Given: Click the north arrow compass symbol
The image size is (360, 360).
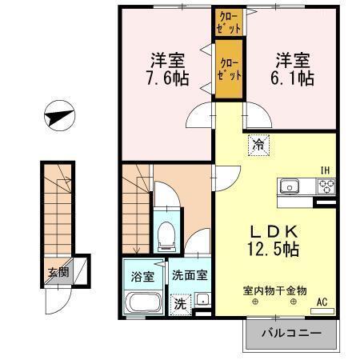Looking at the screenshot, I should [x=58, y=116].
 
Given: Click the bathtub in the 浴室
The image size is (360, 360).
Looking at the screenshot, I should [x=144, y=305].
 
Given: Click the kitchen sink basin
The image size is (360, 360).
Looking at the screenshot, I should [x=289, y=186].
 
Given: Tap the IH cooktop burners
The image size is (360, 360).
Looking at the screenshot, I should [x=326, y=186].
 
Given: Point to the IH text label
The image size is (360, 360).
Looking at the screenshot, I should [x=326, y=170].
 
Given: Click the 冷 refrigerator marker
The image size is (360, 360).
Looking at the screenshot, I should [x=258, y=145].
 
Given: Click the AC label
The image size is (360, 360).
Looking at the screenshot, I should [x=323, y=302].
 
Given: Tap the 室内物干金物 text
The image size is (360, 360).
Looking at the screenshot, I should [x=274, y=290].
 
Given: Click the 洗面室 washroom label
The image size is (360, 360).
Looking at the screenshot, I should [x=190, y=274].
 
